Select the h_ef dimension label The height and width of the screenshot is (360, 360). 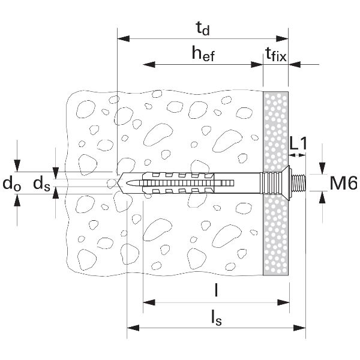click(203, 53)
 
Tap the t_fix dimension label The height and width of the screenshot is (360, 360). click(276, 56)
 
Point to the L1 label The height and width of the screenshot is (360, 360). click(298, 143)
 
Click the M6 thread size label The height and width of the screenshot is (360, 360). click(343, 183)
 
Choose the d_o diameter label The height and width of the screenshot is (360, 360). click(10, 184)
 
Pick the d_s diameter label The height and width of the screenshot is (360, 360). click(41, 184)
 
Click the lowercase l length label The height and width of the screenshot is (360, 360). click(215, 290)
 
